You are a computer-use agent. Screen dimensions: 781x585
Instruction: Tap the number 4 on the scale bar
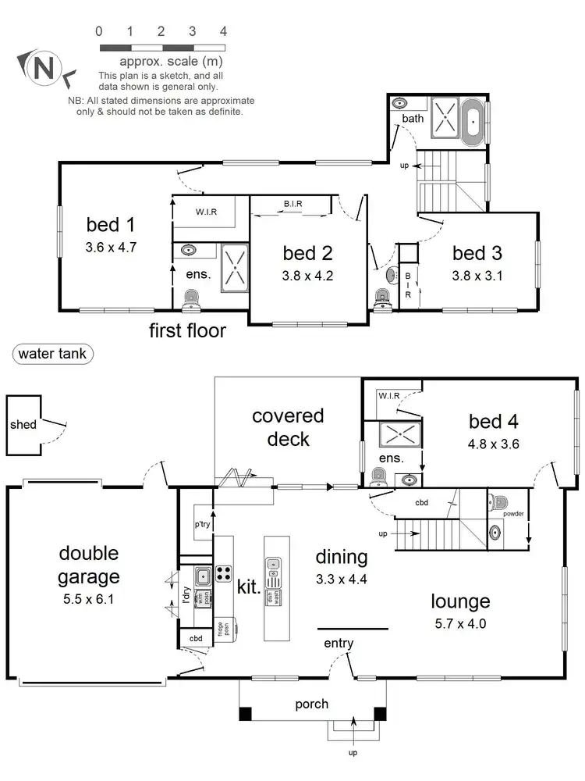click(223, 32)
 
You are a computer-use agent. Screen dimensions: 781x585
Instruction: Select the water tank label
click(53, 354)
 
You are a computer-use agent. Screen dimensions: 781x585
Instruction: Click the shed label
click(23, 425)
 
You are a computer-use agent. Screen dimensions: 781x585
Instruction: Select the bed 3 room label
click(477, 253)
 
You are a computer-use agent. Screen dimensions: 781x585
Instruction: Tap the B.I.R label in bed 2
click(293, 205)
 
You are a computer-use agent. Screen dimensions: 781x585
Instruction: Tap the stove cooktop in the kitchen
click(223, 573)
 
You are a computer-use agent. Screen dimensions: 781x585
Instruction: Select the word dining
click(341, 557)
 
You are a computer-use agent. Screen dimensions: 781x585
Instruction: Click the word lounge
click(461, 601)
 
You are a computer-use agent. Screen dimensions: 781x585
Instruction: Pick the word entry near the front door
click(339, 644)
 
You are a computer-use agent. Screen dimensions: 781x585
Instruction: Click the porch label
click(311, 704)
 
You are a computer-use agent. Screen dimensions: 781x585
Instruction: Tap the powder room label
click(512, 514)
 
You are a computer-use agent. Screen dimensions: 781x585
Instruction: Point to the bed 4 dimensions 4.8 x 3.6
click(494, 444)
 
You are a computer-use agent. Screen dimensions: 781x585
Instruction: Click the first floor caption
click(188, 330)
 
